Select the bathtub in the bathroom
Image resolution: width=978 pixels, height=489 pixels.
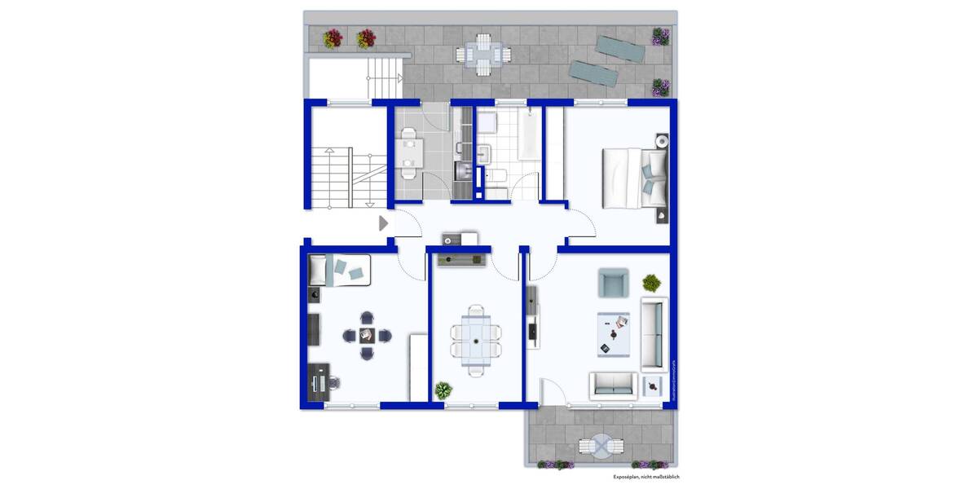click(x=525, y=135)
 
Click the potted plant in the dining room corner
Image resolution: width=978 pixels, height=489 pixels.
click(x=443, y=390)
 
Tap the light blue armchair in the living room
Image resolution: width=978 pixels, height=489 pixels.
click(x=614, y=283)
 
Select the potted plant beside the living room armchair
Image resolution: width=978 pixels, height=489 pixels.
click(x=651, y=283)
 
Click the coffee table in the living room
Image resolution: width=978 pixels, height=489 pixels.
click(x=615, y=334)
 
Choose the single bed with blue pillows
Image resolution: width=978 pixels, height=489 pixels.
click(x=341, y=270)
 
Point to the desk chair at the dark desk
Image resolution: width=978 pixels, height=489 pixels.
click(x=333, y=381)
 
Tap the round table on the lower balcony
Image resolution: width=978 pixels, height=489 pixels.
click(x=601, y=447)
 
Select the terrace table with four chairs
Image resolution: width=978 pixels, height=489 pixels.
click(x=483, y=55)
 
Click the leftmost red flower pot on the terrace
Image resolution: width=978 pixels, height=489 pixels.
click(x=333, y=38)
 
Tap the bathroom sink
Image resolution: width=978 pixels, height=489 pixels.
click(x=486, y=152)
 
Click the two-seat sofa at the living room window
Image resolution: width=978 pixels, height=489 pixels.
click(x=615, y=384)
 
